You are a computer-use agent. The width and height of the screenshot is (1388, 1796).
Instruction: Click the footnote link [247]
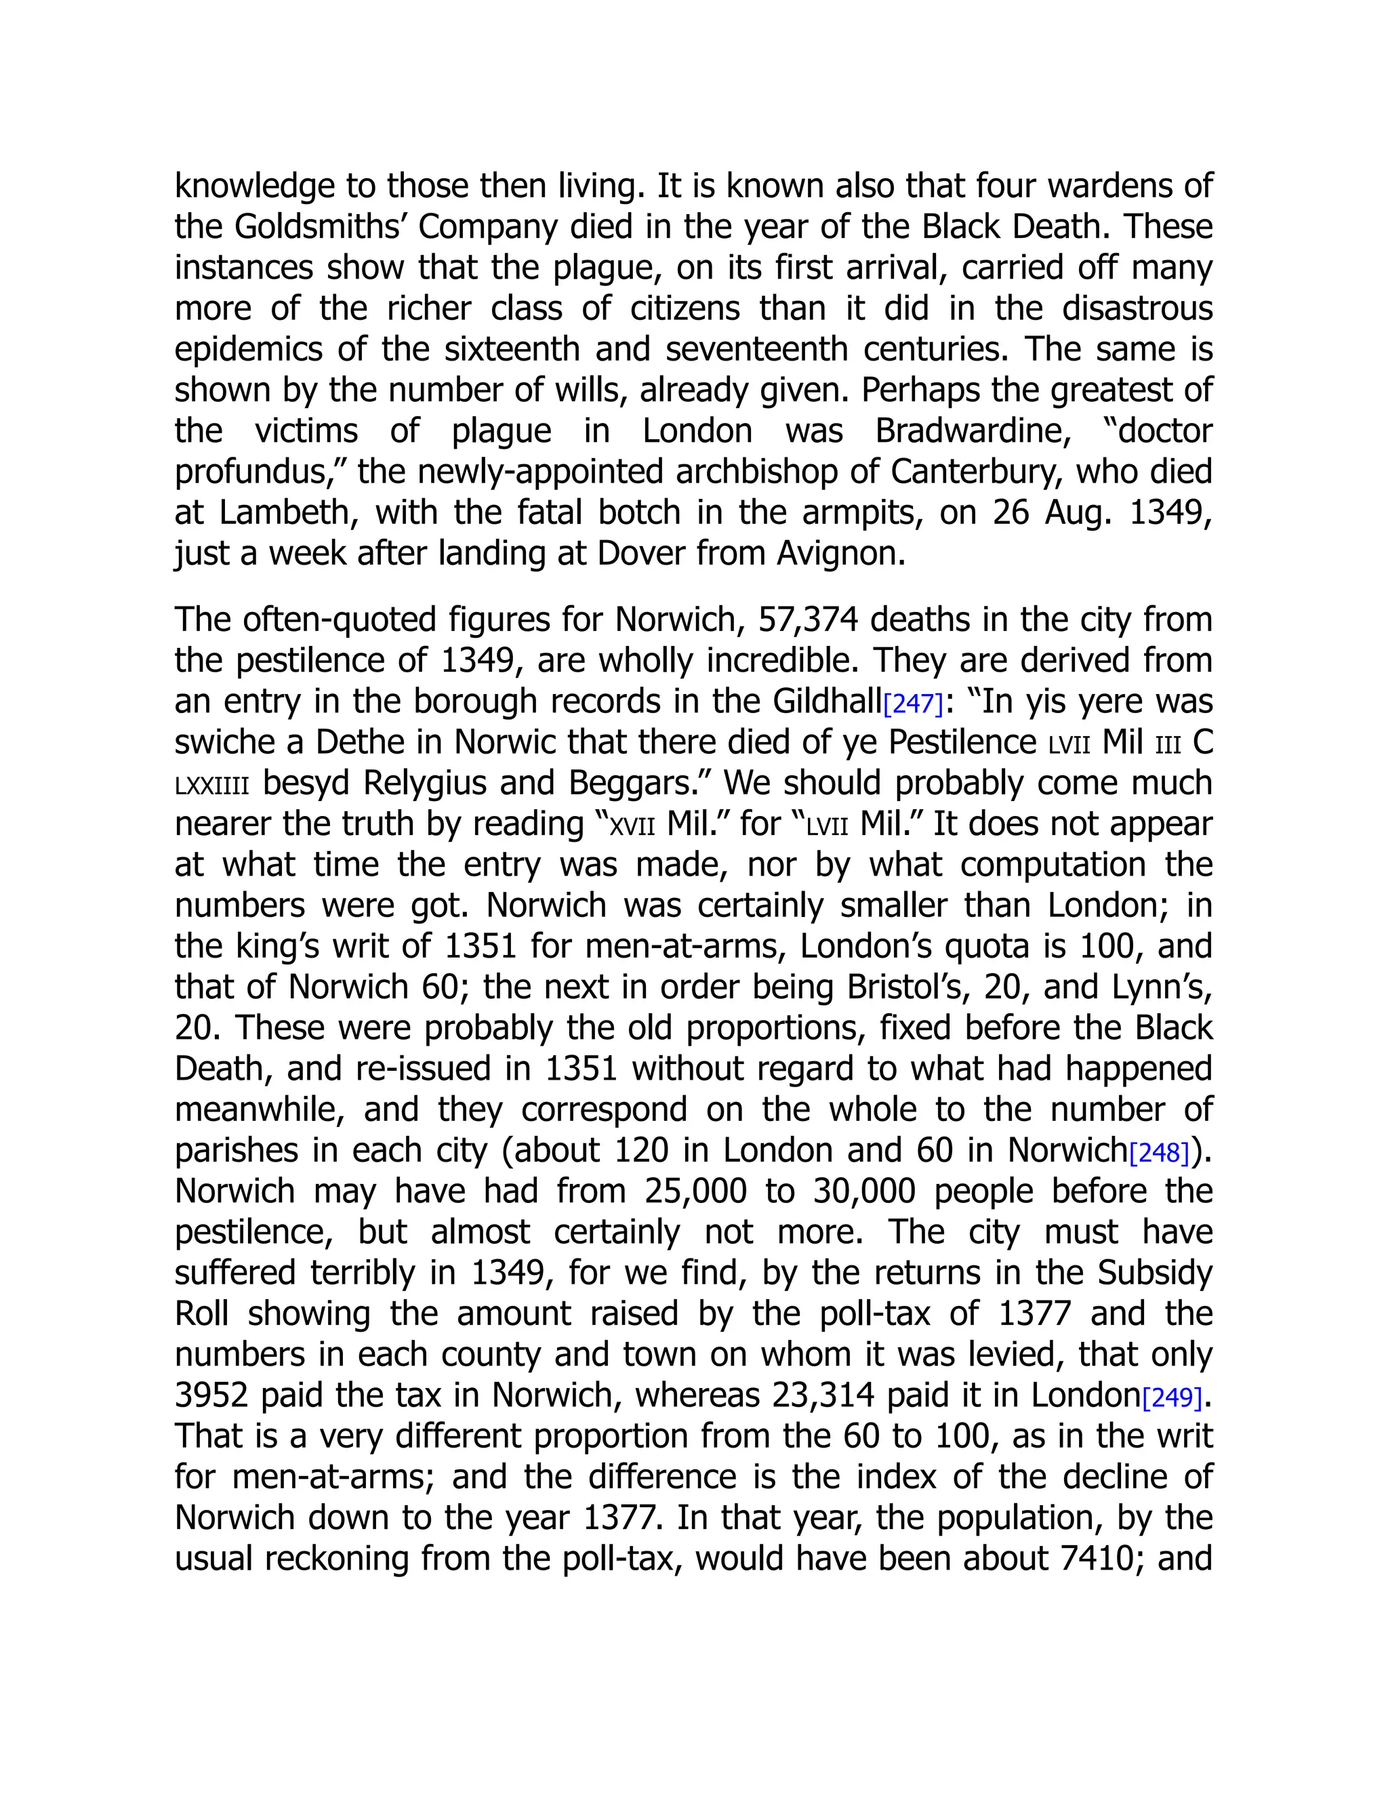tap(913, 704)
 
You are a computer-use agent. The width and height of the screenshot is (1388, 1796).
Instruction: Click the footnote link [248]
tap(1160, 1153)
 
